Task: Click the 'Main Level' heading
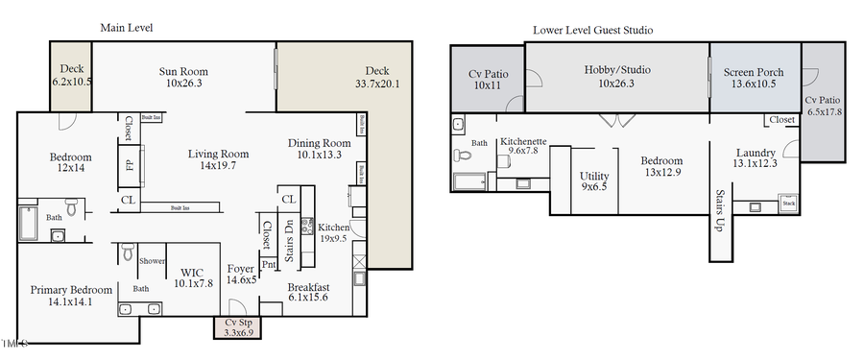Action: coord(127,28)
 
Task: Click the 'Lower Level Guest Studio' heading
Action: coord(593,30)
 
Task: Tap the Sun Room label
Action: coord(183,71)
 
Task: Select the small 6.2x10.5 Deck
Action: coord(71,75)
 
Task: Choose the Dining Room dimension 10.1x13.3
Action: coord(320,156)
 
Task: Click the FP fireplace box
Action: coord(130,165)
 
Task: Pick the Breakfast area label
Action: coord(308,287)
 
